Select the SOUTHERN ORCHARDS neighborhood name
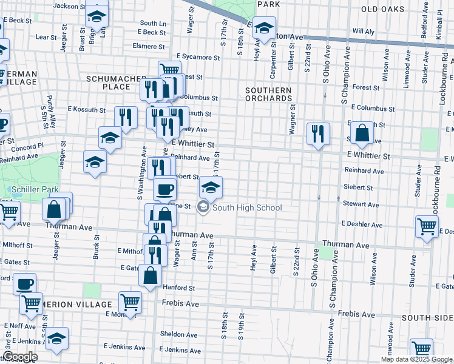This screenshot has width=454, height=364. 268,93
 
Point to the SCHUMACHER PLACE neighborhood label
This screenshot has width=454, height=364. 117,83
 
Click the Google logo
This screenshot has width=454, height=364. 20,357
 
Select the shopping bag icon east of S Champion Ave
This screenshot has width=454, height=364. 362,134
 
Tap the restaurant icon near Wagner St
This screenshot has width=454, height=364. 318,134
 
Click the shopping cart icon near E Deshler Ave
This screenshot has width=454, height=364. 427,226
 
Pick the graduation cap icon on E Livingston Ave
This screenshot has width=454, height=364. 264,28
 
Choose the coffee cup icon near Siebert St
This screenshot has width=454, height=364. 164,189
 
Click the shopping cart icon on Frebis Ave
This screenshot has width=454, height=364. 130,302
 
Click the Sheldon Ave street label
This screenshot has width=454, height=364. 178,334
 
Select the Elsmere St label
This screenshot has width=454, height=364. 149,46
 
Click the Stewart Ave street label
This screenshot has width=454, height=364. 357,204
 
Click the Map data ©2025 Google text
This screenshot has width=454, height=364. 416,359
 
